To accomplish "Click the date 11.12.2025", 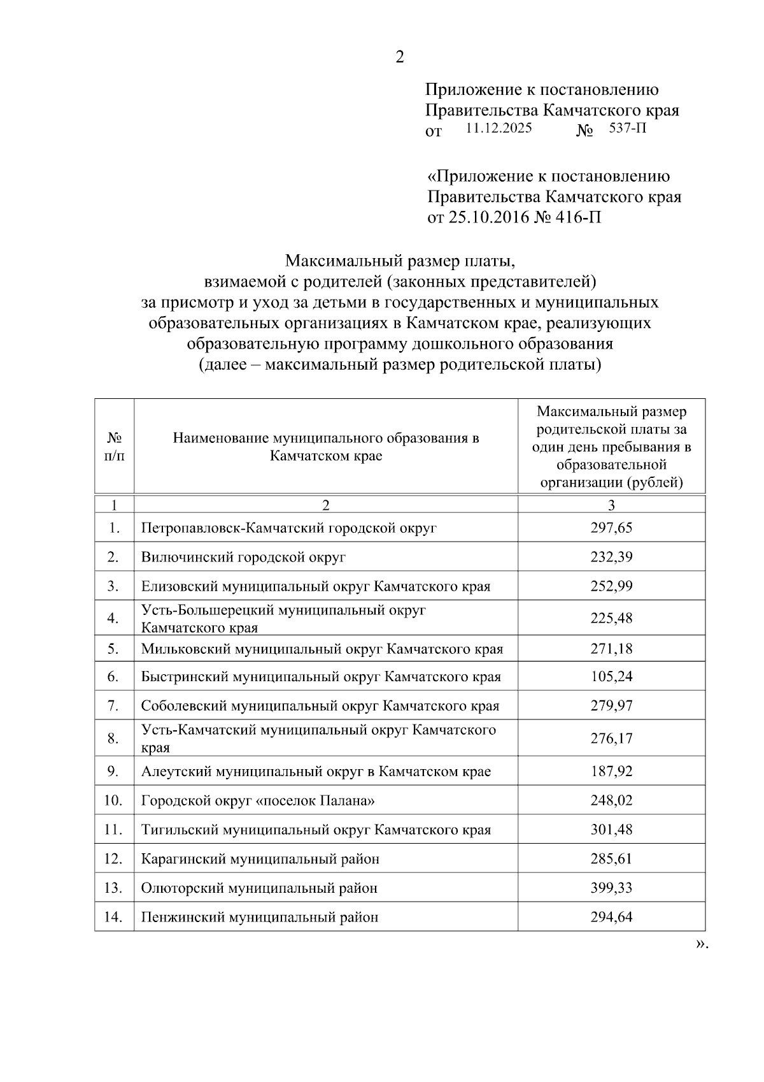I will click(499, 128).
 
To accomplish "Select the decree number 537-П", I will click(627, 129).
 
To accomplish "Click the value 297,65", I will click(611, 528).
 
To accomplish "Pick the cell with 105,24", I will click(611, 677).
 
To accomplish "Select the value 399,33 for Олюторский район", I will click(611, 888).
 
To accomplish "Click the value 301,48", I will click(611, 830).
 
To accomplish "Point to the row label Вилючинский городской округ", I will click(243, 558).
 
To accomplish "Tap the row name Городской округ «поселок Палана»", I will click(258, 801).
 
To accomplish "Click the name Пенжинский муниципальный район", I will click(260, 918).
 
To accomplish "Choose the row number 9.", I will click(113, 772).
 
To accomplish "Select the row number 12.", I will click(113, 859).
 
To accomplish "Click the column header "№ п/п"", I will click(114, 447).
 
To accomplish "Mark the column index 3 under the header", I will click(611, 505).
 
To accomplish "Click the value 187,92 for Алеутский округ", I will click(611, 772).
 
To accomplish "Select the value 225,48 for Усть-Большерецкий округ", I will click(611, 618).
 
